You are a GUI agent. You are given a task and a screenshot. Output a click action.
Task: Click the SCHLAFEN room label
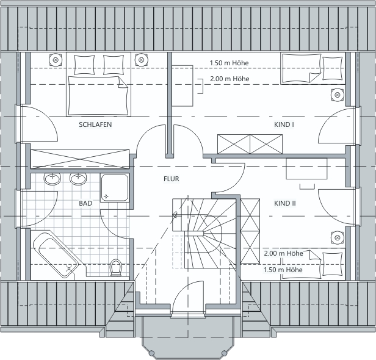(x=95, y=124)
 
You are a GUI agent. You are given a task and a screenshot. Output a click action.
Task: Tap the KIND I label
(x=284, y=124)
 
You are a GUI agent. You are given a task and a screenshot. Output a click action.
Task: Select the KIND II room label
(x=285, y=203)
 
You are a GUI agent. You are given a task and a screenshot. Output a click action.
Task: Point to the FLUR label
(x=171, y=179)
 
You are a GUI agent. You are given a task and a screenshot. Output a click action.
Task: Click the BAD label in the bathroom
(x=85, y=203)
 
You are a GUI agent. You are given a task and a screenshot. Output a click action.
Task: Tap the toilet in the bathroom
(x=117, y=267)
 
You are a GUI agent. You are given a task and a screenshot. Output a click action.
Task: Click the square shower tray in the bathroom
(x=115, y=188)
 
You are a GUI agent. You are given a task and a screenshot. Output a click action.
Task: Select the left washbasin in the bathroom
(x=52, y=179)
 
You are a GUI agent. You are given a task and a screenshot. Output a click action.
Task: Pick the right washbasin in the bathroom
(x=78, y=179)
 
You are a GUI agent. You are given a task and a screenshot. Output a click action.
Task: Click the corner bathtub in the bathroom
(x=56, y=254)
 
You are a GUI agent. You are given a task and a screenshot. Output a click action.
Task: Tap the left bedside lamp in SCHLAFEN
(x=56, y=60)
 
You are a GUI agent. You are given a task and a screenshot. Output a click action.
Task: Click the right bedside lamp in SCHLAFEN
(x=142, y=60)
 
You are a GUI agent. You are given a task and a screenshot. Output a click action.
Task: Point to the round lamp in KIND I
(x=338, y=95)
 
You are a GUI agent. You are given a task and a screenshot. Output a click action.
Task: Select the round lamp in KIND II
(x=338, y=238)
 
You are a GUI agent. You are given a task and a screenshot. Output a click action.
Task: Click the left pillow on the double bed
(x=84, y=65)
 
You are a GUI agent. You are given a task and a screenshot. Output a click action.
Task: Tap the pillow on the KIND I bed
(x=332, y=68)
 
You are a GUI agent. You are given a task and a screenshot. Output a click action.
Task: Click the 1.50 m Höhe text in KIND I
(x=230, y=63)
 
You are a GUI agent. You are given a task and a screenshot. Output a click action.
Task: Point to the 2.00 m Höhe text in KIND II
(x=283, y=253)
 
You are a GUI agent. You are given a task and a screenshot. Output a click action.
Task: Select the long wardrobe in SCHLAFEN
(x=80, y=159)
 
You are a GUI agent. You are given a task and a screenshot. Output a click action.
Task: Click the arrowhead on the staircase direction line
(x=175, y=215)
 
